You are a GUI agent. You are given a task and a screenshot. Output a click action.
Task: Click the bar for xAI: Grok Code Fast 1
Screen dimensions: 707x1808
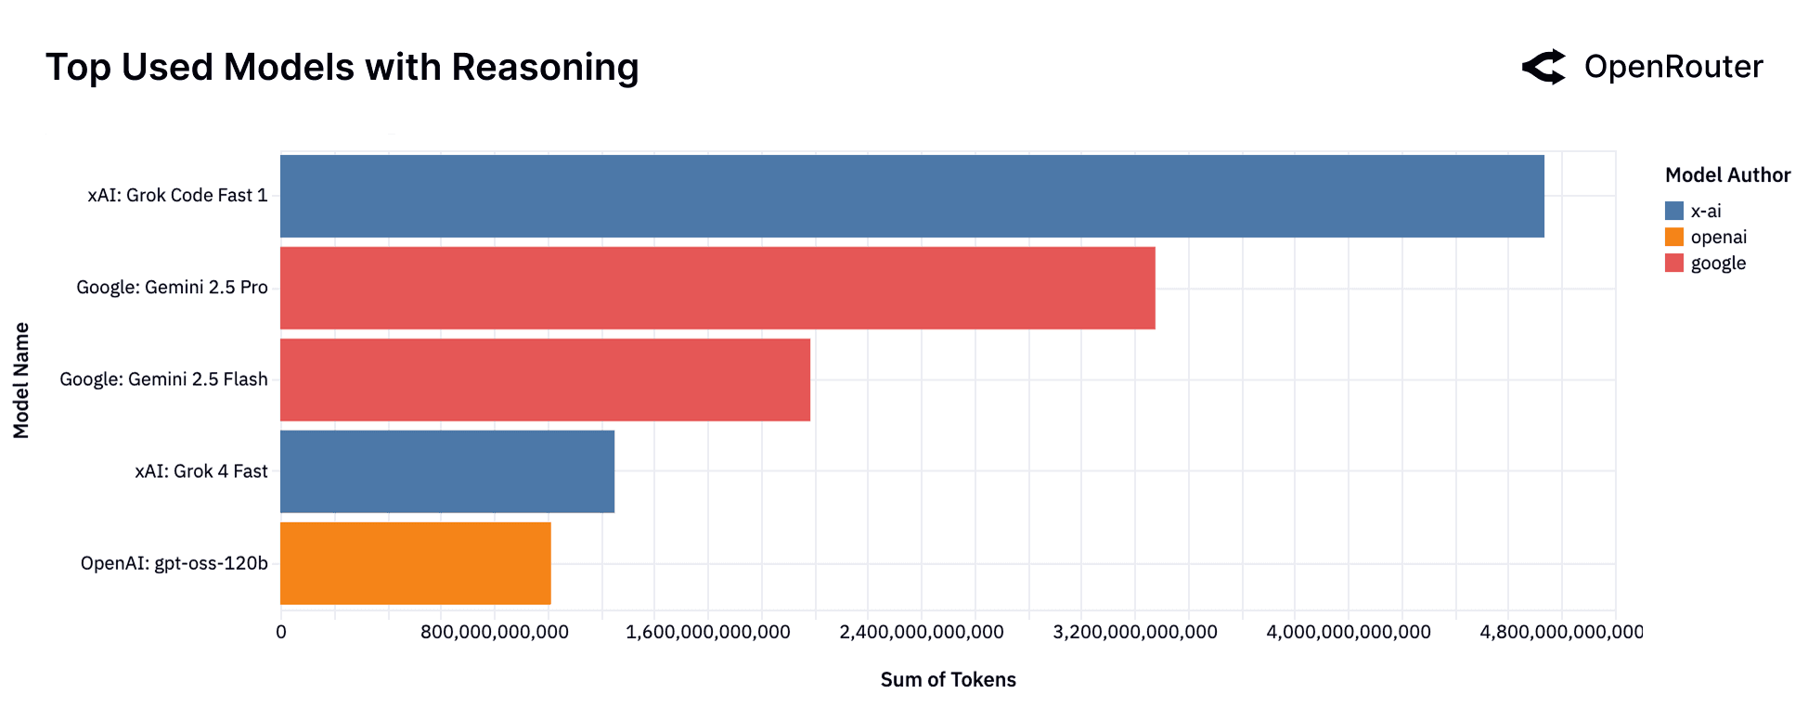911,196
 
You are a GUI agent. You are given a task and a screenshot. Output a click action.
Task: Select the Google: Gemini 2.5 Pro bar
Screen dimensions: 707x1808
717,288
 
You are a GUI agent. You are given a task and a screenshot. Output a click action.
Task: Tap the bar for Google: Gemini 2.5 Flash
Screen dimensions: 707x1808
545,379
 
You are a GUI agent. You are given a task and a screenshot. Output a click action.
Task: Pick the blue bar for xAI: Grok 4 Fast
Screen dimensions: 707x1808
446,471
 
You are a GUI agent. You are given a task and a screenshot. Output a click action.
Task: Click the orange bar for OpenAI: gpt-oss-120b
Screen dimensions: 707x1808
415,563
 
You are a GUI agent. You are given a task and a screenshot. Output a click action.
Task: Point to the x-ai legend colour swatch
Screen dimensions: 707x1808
1673,212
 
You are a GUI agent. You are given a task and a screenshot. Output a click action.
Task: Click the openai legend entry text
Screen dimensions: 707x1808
1718,238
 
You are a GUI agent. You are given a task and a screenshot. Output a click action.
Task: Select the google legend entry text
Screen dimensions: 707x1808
1717,264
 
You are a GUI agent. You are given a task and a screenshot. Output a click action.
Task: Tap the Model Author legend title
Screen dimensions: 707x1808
1726,175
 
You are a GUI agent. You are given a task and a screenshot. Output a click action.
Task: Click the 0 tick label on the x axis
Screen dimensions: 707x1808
281,633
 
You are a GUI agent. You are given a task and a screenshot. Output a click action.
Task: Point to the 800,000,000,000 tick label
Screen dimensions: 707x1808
494,633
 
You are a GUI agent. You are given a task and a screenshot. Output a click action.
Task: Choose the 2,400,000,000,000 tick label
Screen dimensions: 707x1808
921,633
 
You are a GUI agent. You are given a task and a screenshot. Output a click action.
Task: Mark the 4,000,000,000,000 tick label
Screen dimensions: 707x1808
1348,633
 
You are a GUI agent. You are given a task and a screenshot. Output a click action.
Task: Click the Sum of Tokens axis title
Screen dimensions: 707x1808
948,680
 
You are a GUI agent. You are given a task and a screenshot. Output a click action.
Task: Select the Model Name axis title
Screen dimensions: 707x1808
21,380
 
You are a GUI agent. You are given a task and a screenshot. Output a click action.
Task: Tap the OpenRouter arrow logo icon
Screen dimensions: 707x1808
1543,67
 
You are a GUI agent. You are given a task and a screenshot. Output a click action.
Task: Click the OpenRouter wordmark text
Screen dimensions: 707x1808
1672,67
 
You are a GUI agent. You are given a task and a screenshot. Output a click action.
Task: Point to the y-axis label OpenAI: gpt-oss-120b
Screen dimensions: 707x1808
174,563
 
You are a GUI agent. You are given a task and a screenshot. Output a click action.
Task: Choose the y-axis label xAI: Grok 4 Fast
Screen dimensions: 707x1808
200,471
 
